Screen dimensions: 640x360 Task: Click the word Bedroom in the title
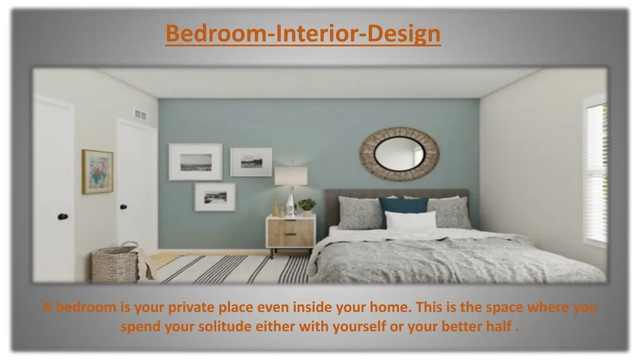[216, 33]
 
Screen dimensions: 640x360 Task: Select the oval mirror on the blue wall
[399, 154]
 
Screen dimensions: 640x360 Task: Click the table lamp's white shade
[291, 176]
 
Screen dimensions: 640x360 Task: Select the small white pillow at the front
[411, 221]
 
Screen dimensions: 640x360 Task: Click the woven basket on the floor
[116, 263]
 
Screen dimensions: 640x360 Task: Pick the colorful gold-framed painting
[97, 171]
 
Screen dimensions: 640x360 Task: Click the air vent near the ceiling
[140, 115]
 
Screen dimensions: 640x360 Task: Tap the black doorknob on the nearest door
[63, 216]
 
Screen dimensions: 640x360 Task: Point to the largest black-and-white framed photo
[196, 162]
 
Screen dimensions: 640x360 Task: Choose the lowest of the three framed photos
[215, 197]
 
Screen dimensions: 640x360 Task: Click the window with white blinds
[596, 171]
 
